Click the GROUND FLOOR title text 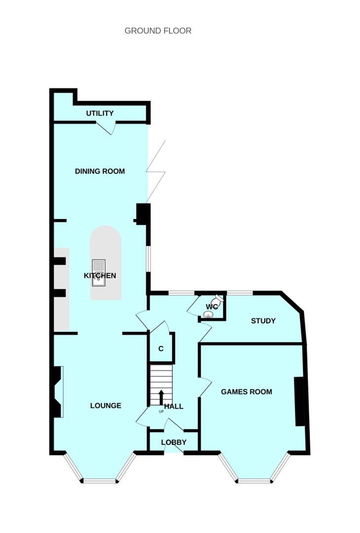tap(158, 31)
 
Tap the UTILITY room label tap(100, 113)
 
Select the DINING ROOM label tap(100, 171)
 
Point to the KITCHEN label tap(100, 275)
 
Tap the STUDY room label tap(263, 321)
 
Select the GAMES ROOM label tap(246, 392)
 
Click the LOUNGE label tap(106, 406)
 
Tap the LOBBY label tap(174, 442)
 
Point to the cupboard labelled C tap(161, 348)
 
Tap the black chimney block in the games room tap(299, 401)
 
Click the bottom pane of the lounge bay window tap(100, 480)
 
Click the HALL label tap(174, 406)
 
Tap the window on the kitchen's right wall tap(148, 259)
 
